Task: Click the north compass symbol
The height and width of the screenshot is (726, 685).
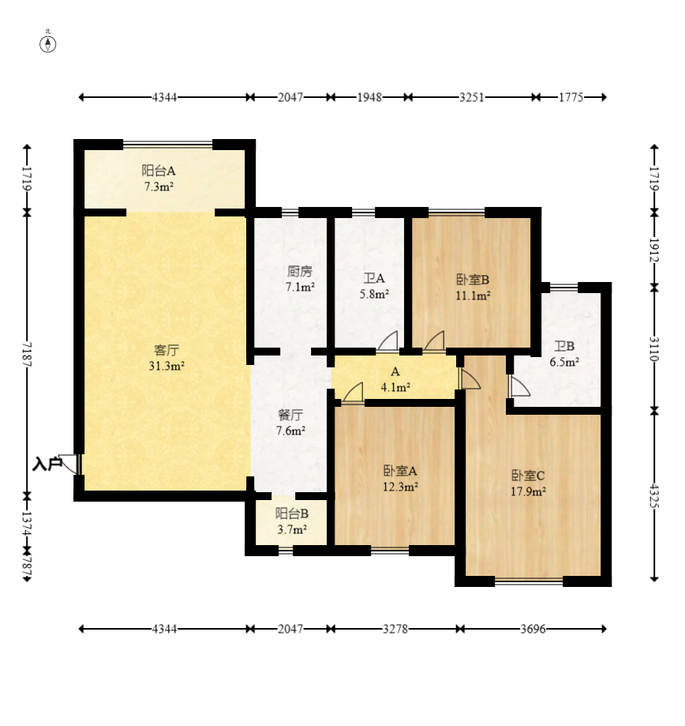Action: click(x=47, y=44)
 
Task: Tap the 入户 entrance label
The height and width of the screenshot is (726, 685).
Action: click(x=47, y=464)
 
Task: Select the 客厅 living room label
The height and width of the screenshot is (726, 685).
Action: click(x=167, y=350)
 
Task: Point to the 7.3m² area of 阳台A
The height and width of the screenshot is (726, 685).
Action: click(x=159, y=187)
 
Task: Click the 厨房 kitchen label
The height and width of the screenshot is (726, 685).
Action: click(x=300, y=271)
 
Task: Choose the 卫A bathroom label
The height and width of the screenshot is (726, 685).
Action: click(x=374, y=278)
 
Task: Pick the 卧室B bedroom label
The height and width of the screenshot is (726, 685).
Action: click(x=473, y=280)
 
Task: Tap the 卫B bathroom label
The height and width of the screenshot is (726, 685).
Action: click(x=564, y=346)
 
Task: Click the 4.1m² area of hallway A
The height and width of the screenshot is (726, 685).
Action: click(x=395, y=387)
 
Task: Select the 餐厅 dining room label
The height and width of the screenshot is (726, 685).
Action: click(x=290, y=415)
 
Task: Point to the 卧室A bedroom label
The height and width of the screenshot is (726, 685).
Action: click(x=401, y=471)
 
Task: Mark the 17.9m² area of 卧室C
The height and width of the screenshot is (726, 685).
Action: click(x=528, y=491)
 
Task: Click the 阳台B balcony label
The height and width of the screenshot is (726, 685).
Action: click(x=292, y=513)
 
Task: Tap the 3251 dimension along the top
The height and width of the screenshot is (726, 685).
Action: click(x=472, y=97)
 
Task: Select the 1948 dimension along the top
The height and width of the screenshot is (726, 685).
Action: click(x=369, y=97)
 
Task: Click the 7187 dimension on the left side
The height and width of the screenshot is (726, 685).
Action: click(x=27, y=355)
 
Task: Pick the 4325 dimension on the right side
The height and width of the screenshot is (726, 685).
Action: click(x=654, y=495)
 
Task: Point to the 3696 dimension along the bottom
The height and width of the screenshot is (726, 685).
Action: click(x=533, y=629)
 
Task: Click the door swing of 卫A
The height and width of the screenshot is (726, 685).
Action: click(x=387, y=340)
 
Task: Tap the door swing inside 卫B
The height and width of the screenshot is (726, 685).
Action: click(x=520, y=386)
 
